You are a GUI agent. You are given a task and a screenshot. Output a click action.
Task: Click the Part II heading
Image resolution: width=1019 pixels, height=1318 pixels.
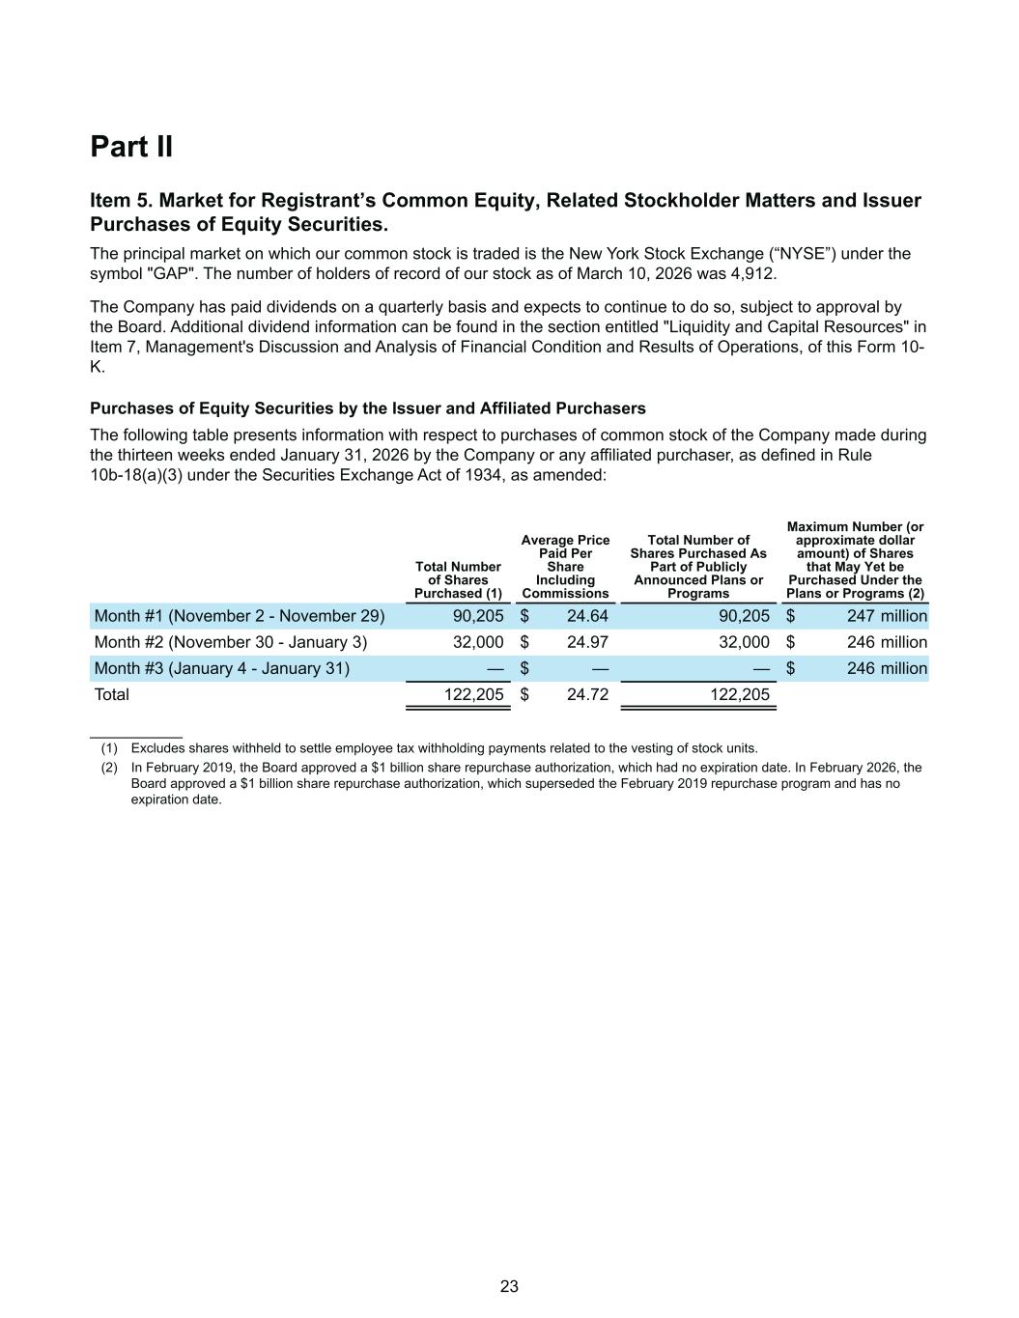click(131, 147)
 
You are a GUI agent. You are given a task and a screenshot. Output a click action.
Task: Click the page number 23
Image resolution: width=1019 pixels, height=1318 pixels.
click(509, 1286)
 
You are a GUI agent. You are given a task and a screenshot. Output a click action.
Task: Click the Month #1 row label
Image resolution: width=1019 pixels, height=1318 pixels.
click(239, 616)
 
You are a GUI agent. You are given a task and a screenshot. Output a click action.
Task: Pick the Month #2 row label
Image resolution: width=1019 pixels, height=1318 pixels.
click(230, 642)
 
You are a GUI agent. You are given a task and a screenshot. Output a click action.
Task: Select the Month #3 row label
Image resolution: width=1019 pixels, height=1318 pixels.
click(221, 668)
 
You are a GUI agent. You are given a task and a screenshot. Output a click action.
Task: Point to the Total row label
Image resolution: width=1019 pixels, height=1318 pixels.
click(111, 694)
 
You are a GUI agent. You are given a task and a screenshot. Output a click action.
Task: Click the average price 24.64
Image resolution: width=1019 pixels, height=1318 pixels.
click(587, 616)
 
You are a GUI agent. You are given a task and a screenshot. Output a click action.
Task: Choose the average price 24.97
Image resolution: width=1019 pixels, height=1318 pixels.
click(587, 642)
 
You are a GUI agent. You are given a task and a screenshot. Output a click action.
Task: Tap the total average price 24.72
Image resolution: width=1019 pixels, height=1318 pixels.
click(587, 694)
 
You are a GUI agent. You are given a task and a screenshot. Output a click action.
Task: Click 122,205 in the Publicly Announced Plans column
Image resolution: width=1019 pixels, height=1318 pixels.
click(741, 694)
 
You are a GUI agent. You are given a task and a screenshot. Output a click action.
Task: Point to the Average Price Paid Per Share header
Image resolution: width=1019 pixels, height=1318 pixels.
click(565, 567)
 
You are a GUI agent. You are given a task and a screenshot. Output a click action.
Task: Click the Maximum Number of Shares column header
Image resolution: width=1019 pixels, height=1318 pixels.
click(855, 560)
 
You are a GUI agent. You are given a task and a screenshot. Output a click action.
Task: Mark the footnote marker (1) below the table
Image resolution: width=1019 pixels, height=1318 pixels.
click(109, 748)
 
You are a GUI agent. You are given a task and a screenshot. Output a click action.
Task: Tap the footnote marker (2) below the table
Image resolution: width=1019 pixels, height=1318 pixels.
click(109, 768)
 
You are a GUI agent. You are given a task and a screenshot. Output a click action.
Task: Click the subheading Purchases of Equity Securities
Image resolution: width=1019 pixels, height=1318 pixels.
click(367, 408)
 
